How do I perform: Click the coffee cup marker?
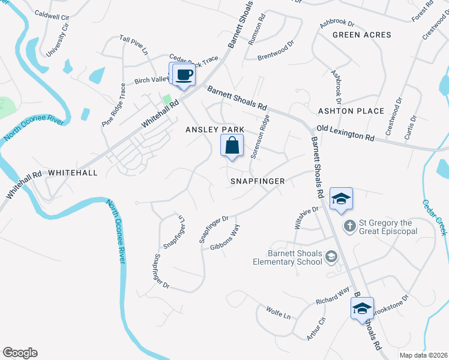coord(184,75)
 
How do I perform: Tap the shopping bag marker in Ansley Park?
coord(232,146)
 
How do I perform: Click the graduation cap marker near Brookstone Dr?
coord(362,309)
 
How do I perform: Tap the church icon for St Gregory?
coord(350,226)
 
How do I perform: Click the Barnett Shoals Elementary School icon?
coord(330,257)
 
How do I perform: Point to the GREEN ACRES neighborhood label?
coord(362,35)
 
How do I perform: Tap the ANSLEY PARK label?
coord(206,130)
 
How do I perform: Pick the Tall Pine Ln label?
coord(134,46)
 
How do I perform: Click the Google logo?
coord(20,353)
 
